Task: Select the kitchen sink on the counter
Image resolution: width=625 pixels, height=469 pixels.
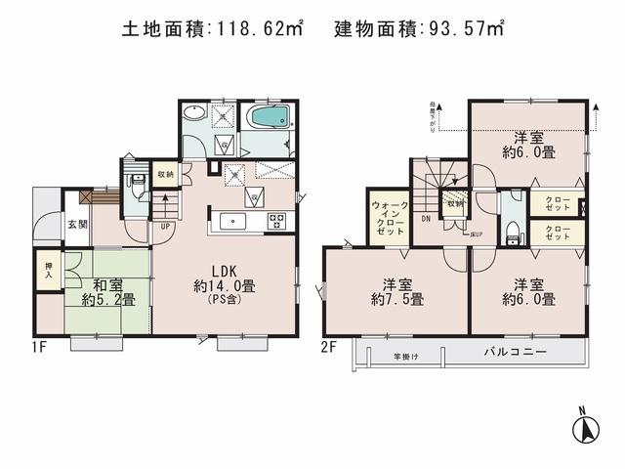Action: [x=234, y=220]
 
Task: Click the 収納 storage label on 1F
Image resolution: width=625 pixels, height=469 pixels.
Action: [x=165, y=174]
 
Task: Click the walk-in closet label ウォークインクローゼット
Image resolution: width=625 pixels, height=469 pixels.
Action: [x=389, y=221]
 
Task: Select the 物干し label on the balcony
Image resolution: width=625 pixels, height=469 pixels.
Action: [x=406, y=356]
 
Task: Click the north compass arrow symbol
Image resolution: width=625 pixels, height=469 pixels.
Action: [x=587, y=427]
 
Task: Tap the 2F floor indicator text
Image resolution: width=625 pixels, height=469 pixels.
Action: [x=329, y=346]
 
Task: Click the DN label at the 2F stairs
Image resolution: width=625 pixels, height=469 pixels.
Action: [x=426, y=219]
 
